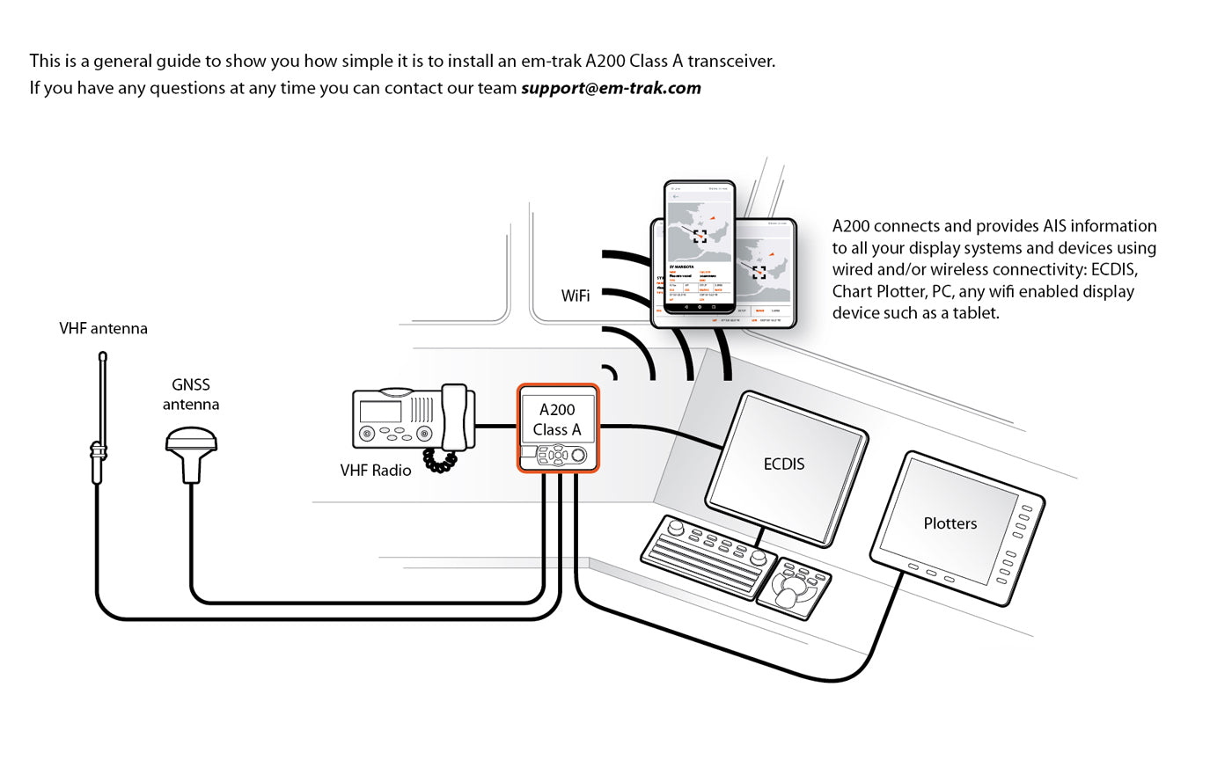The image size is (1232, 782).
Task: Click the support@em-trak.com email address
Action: (611, 88)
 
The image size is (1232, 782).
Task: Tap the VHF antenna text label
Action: (103, 328)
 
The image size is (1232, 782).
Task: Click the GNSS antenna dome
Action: (191, 440)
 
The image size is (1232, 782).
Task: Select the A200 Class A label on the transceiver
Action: (557, 420)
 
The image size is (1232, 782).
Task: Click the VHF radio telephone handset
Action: (454, 418)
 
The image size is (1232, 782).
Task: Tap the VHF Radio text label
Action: (376, 471)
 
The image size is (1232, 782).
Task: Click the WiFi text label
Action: (576, 296)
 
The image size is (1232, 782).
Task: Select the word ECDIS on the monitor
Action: (783, 464)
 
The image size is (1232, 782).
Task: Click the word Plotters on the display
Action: (950, 523)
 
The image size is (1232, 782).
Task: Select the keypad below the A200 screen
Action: (556, 455)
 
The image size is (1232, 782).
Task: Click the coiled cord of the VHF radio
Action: (439, 460)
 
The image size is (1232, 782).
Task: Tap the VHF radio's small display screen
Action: (381, 411)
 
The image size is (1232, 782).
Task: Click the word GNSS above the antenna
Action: (191, 384)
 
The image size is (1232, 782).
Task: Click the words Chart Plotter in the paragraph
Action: (872, 291)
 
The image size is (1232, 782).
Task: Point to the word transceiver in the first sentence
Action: (730, 62)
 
